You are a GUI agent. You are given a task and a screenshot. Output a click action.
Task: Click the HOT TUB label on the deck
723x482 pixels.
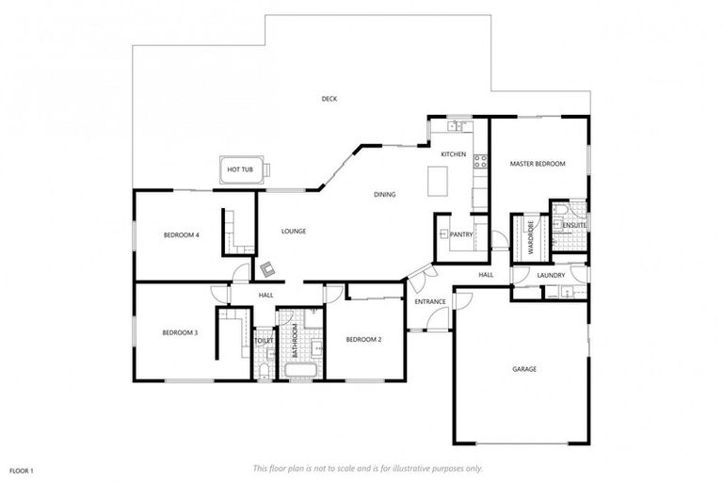point(240,169)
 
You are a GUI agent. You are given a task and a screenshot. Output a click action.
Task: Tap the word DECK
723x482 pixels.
point(329,99)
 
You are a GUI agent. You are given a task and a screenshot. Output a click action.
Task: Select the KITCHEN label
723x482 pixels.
point(454,153)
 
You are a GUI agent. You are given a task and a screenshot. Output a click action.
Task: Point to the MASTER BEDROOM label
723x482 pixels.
point(538,164)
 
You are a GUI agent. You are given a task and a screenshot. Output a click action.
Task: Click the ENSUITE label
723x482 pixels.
point(574,226)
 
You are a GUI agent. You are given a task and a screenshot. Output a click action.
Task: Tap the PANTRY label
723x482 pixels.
point(461,234)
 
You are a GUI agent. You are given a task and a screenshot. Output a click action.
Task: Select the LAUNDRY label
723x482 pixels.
point(550,275)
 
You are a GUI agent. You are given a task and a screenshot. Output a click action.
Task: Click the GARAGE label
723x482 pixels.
point(524,369)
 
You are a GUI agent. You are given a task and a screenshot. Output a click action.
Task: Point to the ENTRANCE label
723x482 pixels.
point(429,301)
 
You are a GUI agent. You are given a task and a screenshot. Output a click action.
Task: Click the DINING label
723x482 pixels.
point(384,195)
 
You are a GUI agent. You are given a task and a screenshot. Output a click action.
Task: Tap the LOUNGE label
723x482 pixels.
point(294,231)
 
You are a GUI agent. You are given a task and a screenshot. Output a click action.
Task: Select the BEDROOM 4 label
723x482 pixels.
point(181,234)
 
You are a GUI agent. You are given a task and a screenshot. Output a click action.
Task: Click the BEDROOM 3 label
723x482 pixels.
point(179,331)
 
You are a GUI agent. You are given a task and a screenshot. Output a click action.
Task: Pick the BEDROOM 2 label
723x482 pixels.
point(362,339)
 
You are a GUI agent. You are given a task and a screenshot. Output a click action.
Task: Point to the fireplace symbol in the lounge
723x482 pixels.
point(270,268)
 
